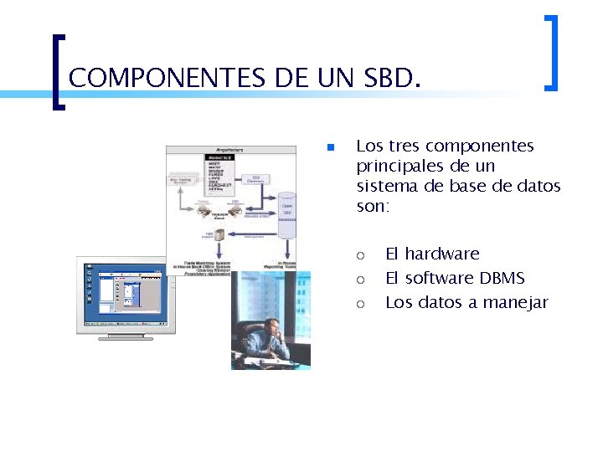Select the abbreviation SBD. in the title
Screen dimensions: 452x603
[x=391, y=79]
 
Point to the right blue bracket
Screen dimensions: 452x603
[x=551, y=52]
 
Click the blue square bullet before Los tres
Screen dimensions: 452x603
[x=331, y=148]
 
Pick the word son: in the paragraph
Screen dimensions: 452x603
[x=373, y=206]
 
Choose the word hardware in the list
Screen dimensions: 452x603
[x=442, y=254]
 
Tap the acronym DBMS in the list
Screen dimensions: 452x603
[x=502, y=278]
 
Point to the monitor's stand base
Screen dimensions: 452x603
[x=125, y=337]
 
